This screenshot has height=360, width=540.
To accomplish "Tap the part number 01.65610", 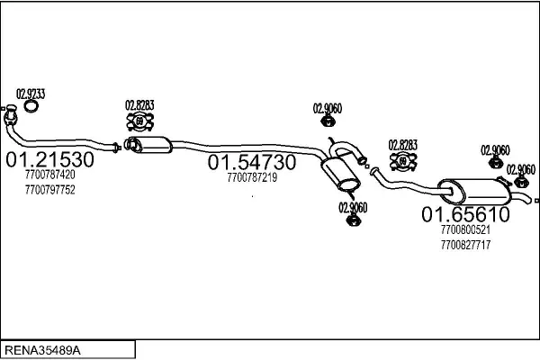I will pyautogui.click(x=466, y=214).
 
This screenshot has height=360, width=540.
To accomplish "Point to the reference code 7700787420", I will pyautogui.click(x=50, y=177).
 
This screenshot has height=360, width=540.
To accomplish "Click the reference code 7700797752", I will pyautogui.click(x=50, y=190).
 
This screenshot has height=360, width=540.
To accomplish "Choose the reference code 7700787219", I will pyautogui.click(x=252, y=178).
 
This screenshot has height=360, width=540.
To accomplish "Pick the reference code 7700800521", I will pyautogui.click(x=465, y=230).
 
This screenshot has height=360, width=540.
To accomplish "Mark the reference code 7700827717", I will pyautogui.click(x=465, y=245).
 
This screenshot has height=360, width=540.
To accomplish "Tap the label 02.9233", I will pyautogui.click(x=31, y=93).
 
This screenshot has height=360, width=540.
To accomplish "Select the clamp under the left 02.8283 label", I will pyautogui.click(x=139, y=121).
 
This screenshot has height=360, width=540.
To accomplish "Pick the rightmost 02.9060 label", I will pyautogui.click(x=521, y=169).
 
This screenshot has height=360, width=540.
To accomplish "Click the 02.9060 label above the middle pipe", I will pyautogui.click(x=328, y=109).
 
